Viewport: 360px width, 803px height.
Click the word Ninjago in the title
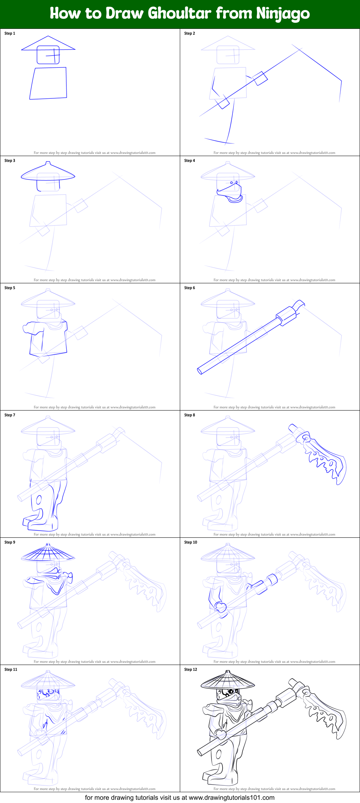click(x=283, y=14)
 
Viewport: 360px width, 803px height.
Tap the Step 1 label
click(x=10, y=34)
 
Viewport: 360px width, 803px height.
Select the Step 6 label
click(x=190, y=288)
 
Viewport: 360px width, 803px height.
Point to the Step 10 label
click(x=191, y=542)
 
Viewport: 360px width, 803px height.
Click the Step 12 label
click(x=191, y=670)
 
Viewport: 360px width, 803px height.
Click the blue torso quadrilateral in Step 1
click(x=48, y=83)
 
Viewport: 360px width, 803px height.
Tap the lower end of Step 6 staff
click(x=200, y=371)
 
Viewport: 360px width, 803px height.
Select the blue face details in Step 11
click(x=48, y=693)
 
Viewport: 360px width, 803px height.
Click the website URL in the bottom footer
click(x=231, y=798)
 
